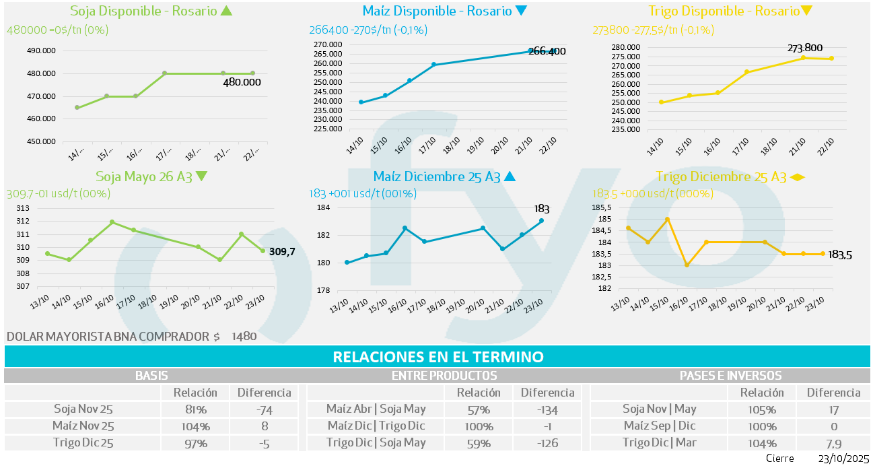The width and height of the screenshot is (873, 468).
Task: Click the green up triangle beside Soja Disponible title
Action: [226, 11]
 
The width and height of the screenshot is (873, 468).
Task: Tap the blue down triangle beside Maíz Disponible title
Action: [520, 11]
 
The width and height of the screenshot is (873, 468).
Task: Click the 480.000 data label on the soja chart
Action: [242, 82]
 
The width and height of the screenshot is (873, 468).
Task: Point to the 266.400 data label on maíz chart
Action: [547, 51]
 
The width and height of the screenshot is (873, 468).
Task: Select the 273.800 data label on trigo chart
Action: [805, 48]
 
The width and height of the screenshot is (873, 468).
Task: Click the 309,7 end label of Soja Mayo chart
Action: [282, 252]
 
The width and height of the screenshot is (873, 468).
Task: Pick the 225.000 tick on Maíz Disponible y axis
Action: [328, 129]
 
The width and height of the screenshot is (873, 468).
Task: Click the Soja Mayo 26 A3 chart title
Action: [144, 176]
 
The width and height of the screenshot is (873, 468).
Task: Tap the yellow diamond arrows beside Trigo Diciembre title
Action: [797, 177]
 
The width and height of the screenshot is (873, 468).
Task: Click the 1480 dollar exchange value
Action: [244, 336]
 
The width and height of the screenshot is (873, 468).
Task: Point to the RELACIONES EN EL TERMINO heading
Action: [438, 357]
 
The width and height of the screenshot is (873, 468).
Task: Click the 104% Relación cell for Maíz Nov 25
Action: [195, 426]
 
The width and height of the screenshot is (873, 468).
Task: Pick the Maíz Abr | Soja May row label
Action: [376, 409]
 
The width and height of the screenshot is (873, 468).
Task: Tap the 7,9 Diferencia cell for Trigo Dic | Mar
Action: [833, 443]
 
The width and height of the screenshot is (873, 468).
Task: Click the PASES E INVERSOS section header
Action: [730, 376]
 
